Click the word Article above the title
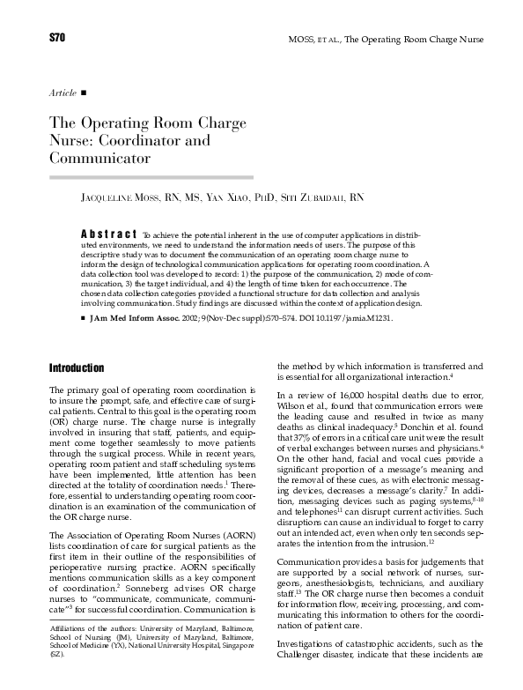tap(61, 92)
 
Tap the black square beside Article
tap(84, 92)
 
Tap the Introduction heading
tap(77, 367)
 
